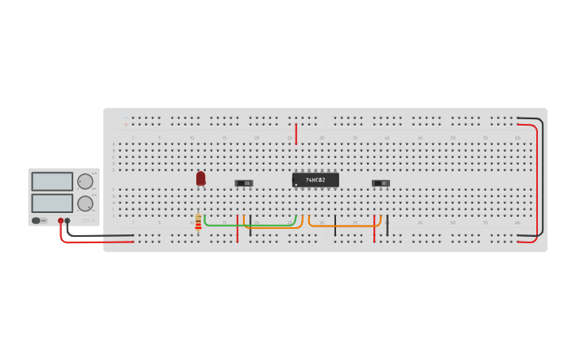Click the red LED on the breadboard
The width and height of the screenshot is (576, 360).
point(201,178)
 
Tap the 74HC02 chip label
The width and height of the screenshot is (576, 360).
point(315,180)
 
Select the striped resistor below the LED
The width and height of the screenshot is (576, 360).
point(198,223)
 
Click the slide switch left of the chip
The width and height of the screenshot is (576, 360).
point(244,183)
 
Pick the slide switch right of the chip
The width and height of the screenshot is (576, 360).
point(381,183)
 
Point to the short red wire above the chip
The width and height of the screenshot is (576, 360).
point(296,134)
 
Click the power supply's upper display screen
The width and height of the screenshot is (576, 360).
point(52,181)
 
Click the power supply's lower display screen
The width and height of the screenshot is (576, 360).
point(52,203)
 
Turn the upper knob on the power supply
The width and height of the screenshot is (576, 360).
point(84,181)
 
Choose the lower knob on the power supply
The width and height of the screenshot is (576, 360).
point(84,203)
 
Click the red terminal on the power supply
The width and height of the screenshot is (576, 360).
point(60,221)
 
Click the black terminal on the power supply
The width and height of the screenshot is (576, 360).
point(68,221)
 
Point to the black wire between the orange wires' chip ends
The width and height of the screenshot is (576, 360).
point(334,225)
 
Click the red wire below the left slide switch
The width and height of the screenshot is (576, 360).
point(237,228)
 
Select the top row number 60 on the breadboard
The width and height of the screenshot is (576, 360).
point(517,138)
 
